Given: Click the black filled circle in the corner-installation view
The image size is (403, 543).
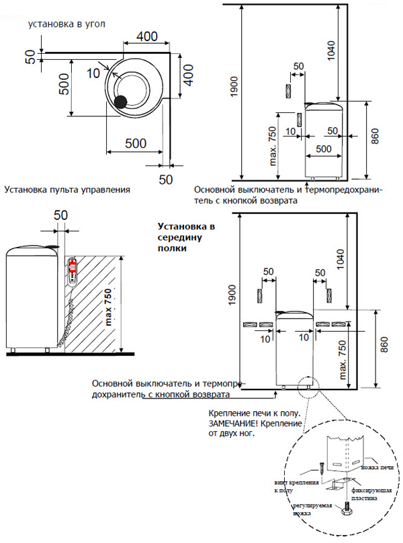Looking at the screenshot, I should point(120,102).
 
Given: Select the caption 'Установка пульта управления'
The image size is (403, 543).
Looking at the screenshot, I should point(66,190).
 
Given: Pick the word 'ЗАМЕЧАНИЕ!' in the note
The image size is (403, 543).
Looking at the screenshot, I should point(238,425).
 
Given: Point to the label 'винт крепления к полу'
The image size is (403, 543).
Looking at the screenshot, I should point(292,486).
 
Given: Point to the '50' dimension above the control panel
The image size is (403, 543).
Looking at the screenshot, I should point(61,215).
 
